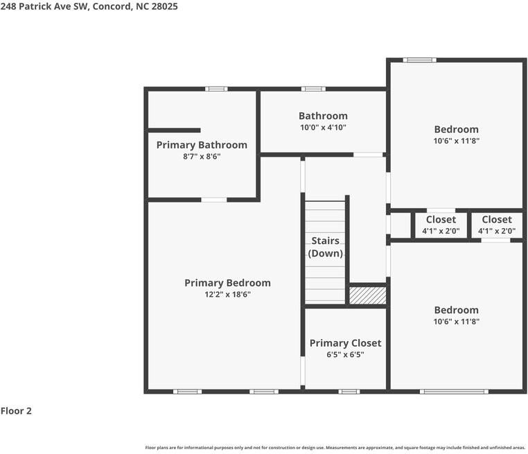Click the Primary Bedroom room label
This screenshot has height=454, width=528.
pos(227,283)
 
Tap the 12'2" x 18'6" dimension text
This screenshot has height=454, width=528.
pos(227,295)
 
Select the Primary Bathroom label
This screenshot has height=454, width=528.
pos(202,145)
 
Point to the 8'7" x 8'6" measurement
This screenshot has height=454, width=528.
pos(202,157)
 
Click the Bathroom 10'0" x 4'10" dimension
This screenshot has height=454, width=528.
pos(323,128)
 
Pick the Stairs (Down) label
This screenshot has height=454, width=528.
pos(325,247)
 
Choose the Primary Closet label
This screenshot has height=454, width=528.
pos(345,343)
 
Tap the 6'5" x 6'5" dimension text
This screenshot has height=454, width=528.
pos(345,354)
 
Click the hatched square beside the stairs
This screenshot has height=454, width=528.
pos(367,295)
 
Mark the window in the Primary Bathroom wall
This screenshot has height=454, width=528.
pos(216,89)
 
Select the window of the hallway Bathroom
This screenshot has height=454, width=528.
pos(313,89)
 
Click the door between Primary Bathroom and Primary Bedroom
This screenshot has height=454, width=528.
pos(213,200)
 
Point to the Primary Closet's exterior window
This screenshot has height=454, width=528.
pos(349,392)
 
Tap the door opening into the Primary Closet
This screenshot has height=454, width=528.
pos(302,372)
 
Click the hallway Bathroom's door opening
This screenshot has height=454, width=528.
pos(368,155)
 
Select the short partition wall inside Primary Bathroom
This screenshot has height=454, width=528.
pos(175,130)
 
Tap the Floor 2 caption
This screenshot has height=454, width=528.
pos(16,411)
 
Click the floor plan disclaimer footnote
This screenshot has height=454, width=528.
pos(335,448)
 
